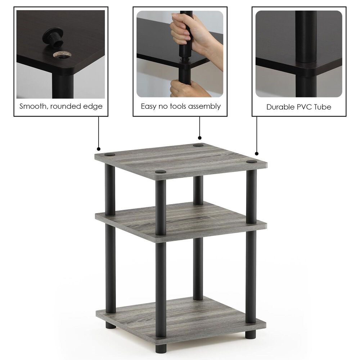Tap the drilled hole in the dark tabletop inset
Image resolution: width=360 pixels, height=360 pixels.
click(x=62, y=54)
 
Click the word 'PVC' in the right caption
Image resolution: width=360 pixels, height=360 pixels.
click(x=302, y=107)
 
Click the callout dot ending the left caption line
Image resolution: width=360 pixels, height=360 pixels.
click(x=98, y=149)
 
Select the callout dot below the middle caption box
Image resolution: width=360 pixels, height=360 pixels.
click(x=200, y=138)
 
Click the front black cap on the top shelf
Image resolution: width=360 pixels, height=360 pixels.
click(x=161, y=172)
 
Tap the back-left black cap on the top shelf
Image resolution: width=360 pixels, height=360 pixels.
click(x=110, y=154)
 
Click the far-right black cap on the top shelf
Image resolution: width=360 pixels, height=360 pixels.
click(x=252, y=162)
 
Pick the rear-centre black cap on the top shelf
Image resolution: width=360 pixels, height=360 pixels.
click(x=198, y=145)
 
